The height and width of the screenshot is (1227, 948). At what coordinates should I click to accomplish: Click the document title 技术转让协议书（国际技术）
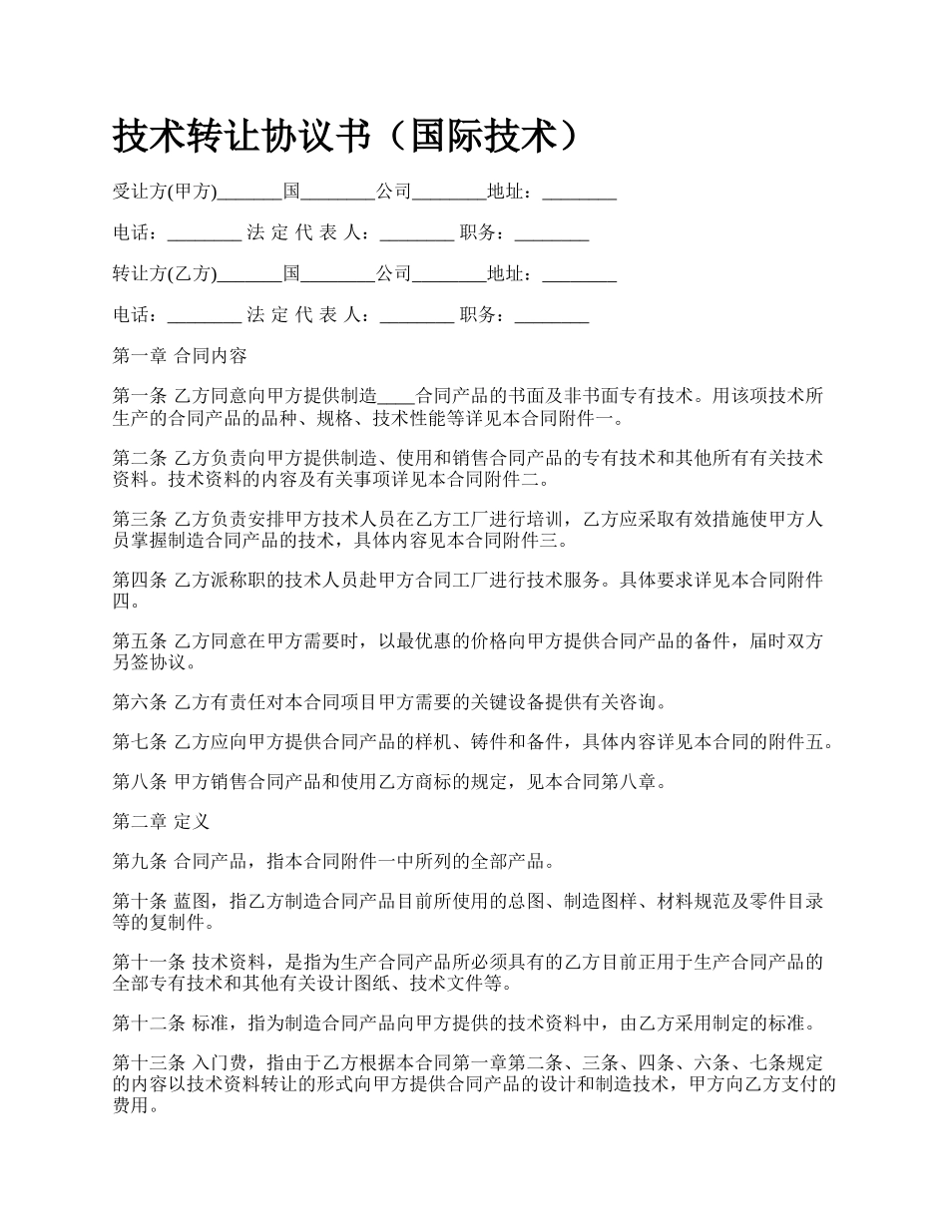click(x=345, y=138)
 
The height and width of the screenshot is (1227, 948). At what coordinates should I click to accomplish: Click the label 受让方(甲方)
click(x=164, y=192)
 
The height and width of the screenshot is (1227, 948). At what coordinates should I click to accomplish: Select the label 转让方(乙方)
click(x=164, y=273)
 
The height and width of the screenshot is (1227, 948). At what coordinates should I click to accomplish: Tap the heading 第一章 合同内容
click(x=180, y=355)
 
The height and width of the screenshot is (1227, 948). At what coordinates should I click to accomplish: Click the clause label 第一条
click(x=140, y=396)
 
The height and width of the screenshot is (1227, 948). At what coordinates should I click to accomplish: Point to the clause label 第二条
click(x=140, y=458)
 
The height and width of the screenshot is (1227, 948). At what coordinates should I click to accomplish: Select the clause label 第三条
click(x=140, y=520)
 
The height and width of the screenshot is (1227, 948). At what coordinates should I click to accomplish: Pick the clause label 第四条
click(x=140, y=582)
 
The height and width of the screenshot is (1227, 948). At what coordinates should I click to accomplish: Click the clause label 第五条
click(x=140, y=642)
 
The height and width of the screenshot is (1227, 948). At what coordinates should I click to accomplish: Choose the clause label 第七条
click(x=140, y=742)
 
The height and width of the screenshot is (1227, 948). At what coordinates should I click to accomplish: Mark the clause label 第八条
click(x=140, y=782)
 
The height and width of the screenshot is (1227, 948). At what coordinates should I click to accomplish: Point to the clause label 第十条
click(x=140, y=902)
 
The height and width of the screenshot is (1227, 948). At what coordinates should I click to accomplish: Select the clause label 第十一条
click(x=148, y=963)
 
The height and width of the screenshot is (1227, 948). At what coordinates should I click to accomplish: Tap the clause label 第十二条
click(x=148, y=1023)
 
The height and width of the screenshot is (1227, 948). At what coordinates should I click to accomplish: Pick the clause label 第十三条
click(x=148, y=1064)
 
